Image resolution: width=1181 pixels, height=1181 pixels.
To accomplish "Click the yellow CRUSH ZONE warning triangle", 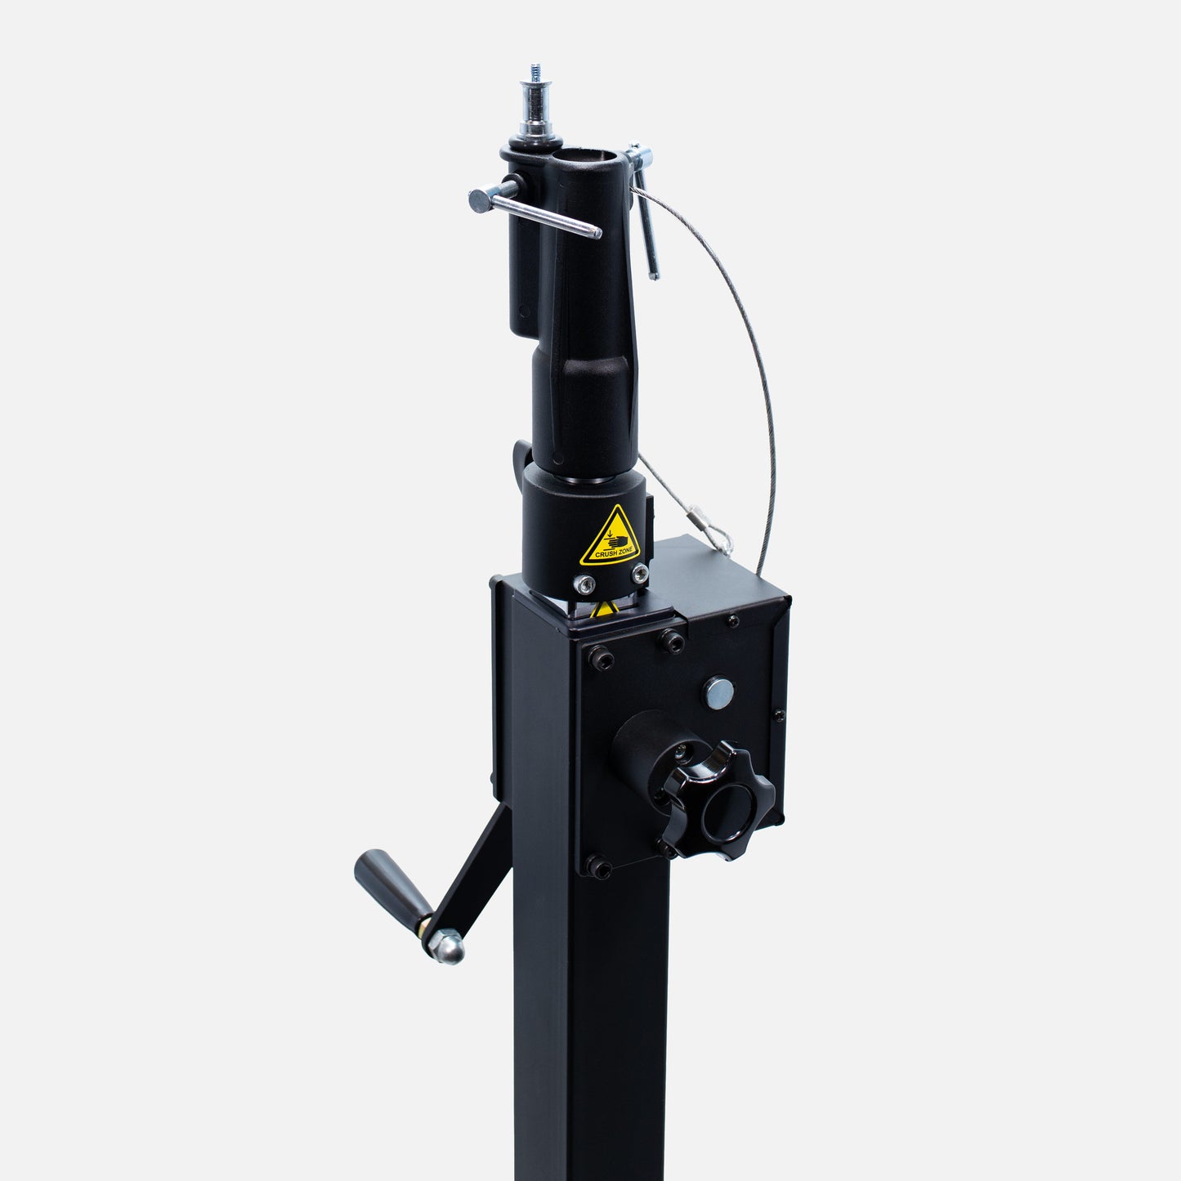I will tap(611, 538).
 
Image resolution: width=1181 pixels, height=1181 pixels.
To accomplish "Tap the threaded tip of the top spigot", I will tap(536, 73).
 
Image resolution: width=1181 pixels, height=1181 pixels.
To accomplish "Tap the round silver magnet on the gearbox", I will tap(718, 692).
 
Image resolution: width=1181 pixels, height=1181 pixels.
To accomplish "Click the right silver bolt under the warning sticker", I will tap(640, 573).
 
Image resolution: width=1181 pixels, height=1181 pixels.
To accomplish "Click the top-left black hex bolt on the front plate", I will tap(600, 657).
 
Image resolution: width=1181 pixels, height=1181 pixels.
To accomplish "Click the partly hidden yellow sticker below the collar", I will tap(603, 609).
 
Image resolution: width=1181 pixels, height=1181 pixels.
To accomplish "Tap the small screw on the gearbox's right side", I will tap(778, 715).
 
